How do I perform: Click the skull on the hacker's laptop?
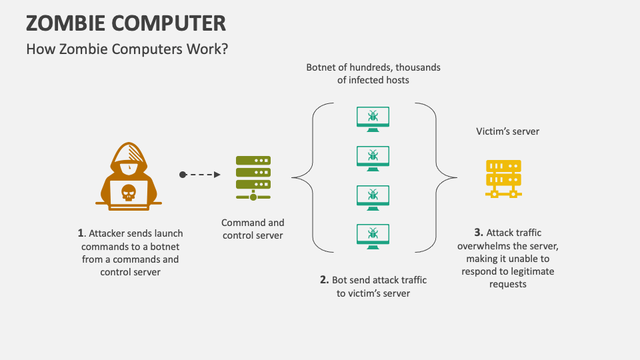tap(129, 194)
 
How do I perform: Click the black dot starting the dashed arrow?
tap(183, 175)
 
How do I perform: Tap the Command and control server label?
tap(253, 229)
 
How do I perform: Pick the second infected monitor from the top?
tap(373, 157)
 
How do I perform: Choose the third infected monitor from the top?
tap(373, 195)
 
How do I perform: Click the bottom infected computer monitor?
tap(373, 234)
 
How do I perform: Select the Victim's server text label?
tap(507, 131)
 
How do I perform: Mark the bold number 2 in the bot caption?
tap(324, 280)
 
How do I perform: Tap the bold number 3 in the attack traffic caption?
tap(478, 233)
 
